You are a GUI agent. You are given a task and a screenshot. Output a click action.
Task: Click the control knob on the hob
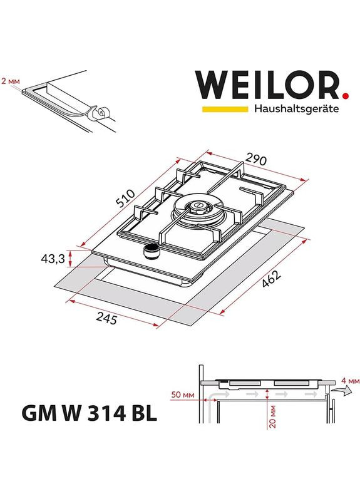[151, 252]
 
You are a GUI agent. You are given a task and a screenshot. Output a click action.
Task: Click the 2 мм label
[11, 81]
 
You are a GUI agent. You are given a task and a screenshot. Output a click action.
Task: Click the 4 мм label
[351, 381]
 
